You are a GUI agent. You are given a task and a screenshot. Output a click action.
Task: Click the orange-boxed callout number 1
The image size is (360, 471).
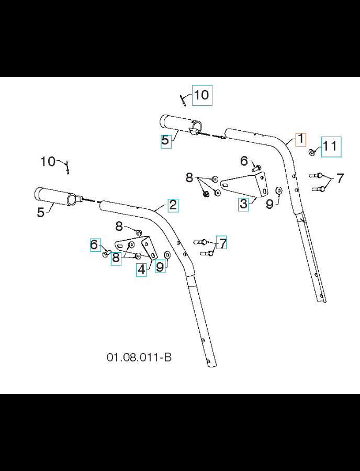(x=300, y=140)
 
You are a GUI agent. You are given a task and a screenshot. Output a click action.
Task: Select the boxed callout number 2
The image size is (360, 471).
(x=173, y=205)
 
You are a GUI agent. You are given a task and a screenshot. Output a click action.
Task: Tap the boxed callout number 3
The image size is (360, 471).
(x=243, y=204)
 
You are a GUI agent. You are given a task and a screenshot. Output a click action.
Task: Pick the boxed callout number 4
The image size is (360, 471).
(x=141, y=270)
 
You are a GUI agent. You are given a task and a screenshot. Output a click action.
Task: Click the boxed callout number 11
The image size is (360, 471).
(x=330, y=147)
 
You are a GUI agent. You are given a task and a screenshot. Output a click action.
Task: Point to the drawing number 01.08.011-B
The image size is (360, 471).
(x=139, y=357)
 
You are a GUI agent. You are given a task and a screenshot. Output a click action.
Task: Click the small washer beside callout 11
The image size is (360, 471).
(x=311, y=152)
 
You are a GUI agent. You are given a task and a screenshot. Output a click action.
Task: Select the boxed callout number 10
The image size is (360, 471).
(x=201, y=95)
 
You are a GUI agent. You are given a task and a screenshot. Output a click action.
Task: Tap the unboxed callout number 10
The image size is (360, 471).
(x=48, y=161)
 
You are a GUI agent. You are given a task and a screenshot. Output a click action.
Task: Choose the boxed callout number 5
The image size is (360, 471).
(x=165, y=140)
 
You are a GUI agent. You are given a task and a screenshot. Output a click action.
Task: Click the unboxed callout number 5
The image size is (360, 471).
(x=40, y=212)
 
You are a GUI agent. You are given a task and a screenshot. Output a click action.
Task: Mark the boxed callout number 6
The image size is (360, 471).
(x=95, y=244)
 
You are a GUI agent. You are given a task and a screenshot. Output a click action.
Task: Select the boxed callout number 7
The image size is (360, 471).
(x=222, y=243)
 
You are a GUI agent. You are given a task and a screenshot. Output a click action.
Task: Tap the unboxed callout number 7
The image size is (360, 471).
(x=340, y=178)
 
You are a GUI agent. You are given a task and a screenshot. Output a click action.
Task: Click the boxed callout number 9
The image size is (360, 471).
(x=160, y=266)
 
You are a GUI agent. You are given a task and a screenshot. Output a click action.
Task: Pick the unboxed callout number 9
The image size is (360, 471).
(x=269, y=204)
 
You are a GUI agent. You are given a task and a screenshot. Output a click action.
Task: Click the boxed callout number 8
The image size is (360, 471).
(x=116, y=258)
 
